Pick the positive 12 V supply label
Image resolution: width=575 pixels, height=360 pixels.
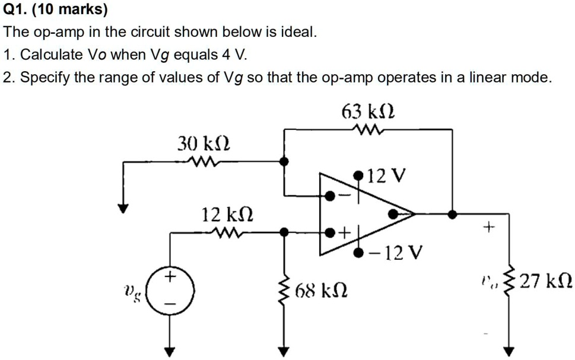pyautogui.click(x=387, y=176)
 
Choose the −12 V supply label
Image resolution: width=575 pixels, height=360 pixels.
pyautogui.click(x=395, y=254)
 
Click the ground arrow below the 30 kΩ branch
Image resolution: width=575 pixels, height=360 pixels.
pyautogui.click(x=123, y=207)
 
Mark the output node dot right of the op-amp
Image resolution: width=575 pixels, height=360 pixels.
pyautogui.click(x=452, y=214)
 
